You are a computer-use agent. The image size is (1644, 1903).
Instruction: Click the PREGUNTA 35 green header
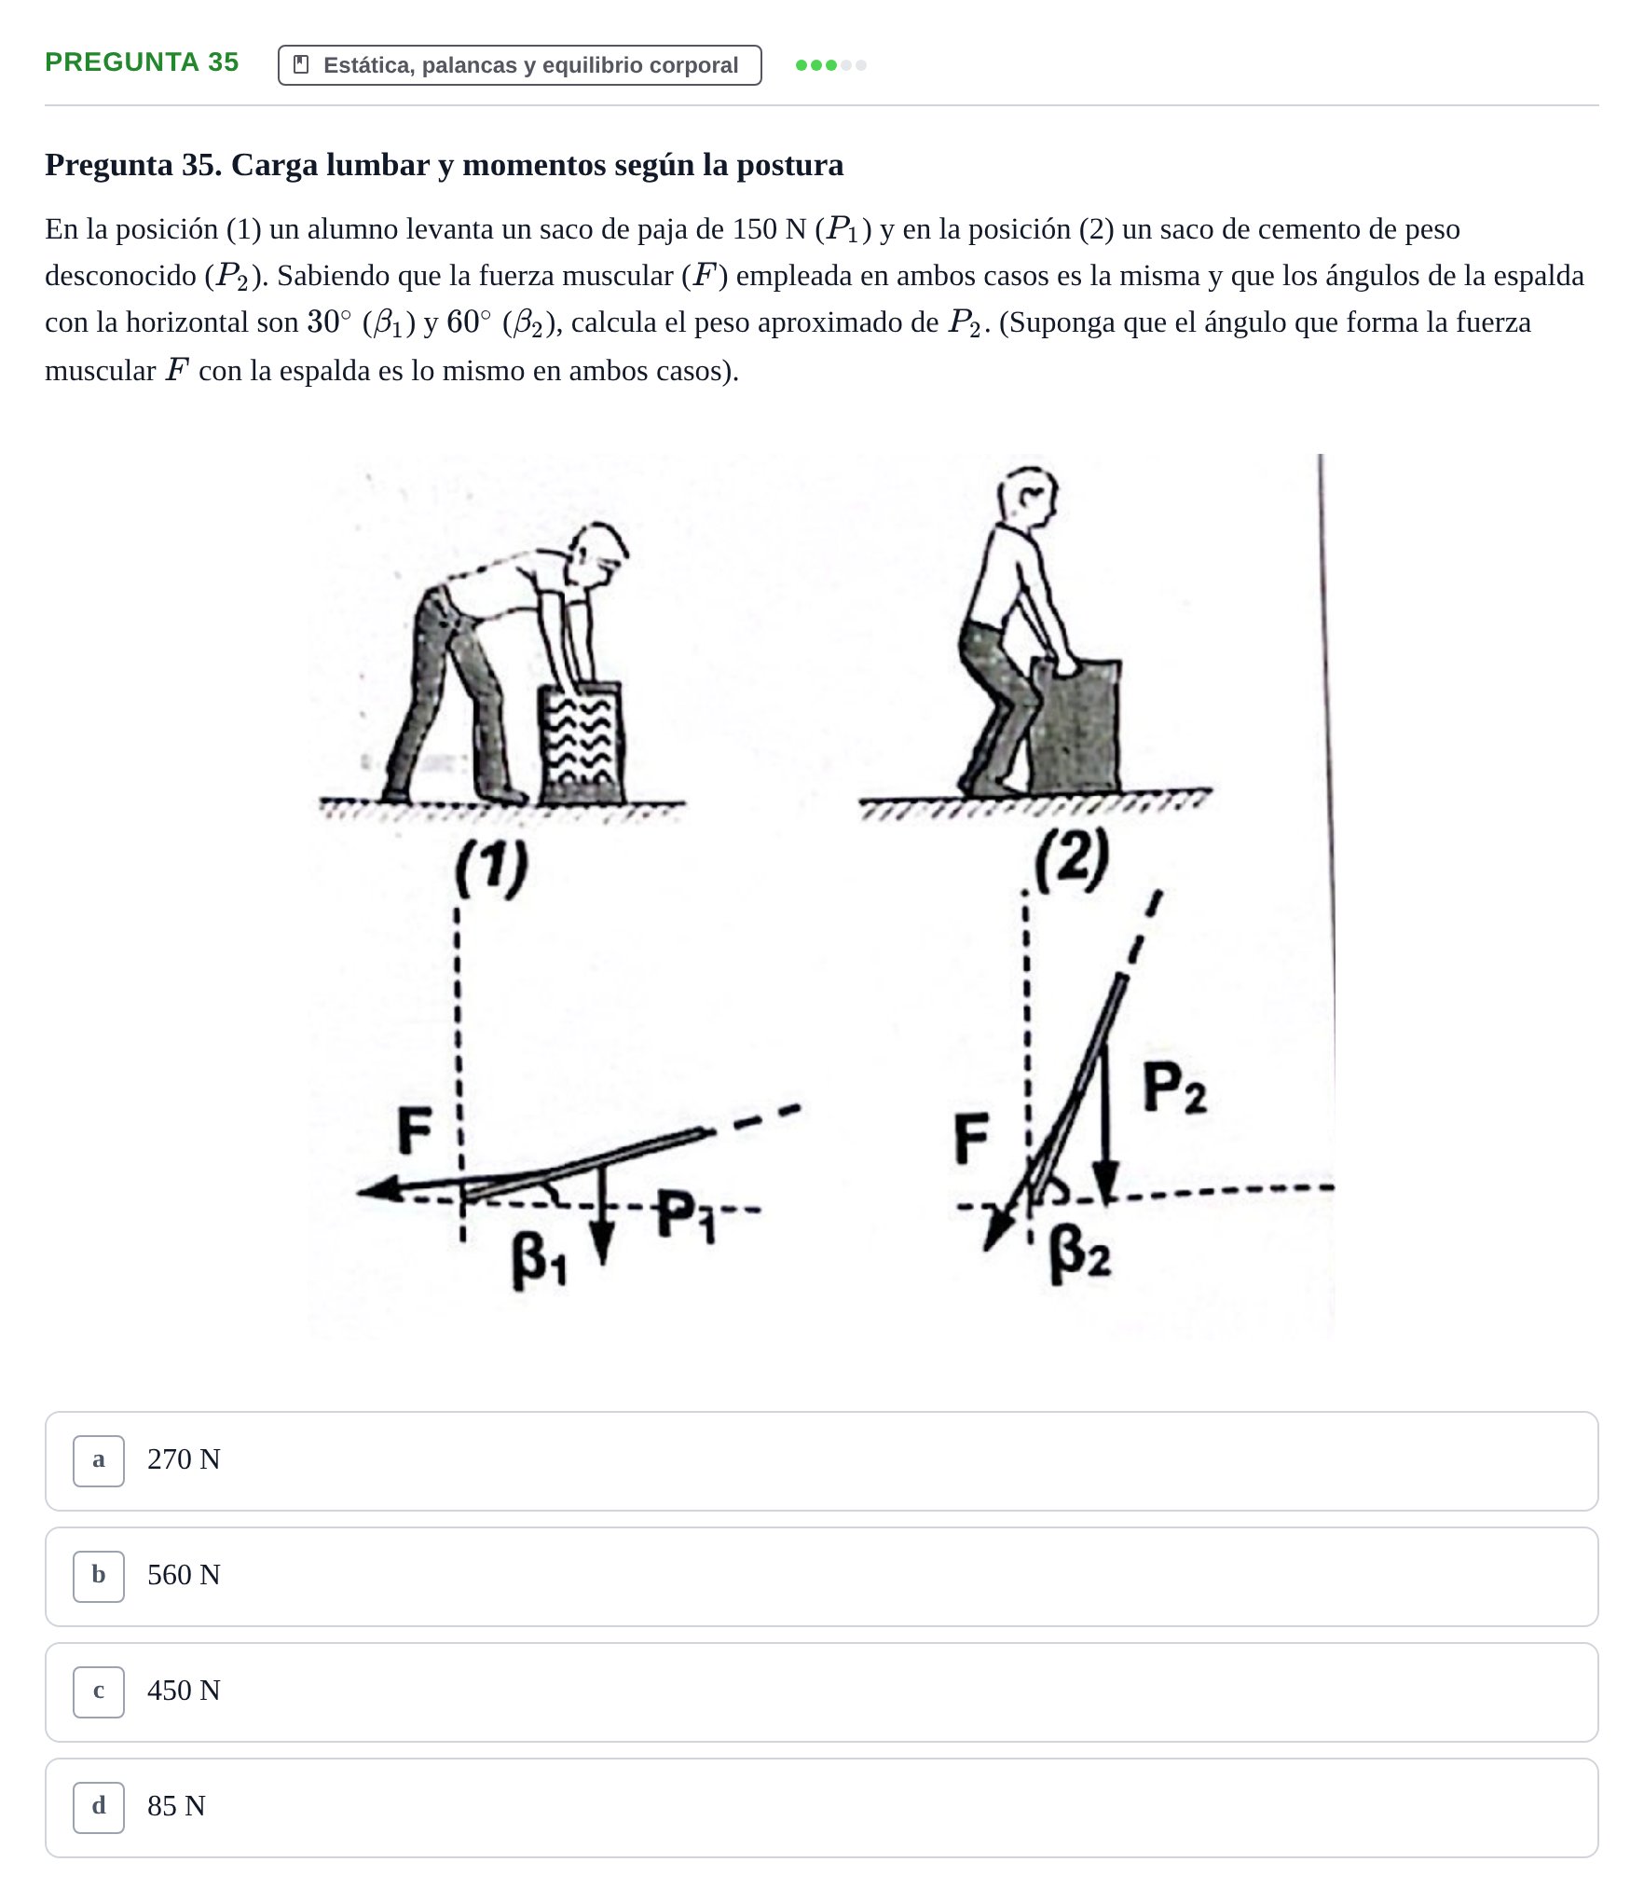pyautogui.click(x=142, y=62)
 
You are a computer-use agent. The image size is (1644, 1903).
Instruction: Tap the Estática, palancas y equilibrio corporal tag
pyautogui.click(x=519, y=65)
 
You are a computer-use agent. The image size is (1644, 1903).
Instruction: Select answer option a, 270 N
pyautogui.click(x=821, y=1460)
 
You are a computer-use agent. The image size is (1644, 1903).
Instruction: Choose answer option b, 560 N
pyautogui.click(x=821, y=1576)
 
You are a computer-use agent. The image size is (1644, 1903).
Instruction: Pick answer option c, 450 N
pyautogui.click(x=821, y=1691)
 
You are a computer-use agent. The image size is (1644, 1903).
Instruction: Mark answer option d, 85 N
pyautogui.click(x=821, y=1807)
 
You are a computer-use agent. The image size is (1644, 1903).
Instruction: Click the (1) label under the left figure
pyautogui.click(x=491, y=868)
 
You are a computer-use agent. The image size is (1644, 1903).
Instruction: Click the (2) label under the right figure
pyautogui.click(x=1072, y=859)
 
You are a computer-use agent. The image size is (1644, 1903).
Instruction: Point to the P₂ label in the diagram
pyautogui.click(x=1173, y=1088)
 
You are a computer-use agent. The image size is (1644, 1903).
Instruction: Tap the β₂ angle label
pyautogui.click(x=1079, y=1254)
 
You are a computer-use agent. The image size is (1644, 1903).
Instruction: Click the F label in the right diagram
pyautogui.click(x=971, y=1139)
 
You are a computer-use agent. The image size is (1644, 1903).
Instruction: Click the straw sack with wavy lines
pyautogui.click(x=581, y=743)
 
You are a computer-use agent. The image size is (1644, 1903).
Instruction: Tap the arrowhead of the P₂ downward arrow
pyautogui.click(x=1105, y=1184)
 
